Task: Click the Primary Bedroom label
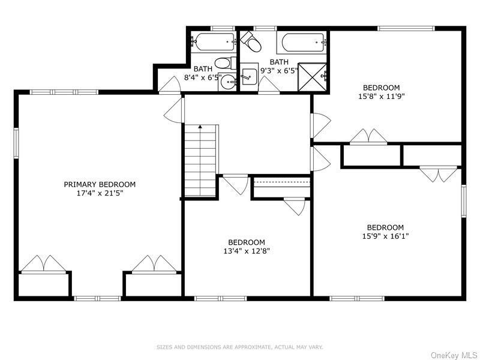pyautogui.click(x=100, y=184)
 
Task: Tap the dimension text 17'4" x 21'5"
pyautogui.click(x=100, y=193)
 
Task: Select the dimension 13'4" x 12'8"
pyautogui.click(x=247, y=251)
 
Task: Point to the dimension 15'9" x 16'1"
pyautogui.click(x=385, y=236)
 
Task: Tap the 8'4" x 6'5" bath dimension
pyautogui.click(x=203, y=78)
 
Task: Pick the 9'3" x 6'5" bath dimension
pyautogui.click(x=279, y=71)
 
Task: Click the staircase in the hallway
pyautogui.click(x=200, y=160)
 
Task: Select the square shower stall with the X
pyautogui.click(x=313, y=77)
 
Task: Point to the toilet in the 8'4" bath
pyautogui.click(x=223, y=62)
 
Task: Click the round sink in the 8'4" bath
pyautogui.click(x=227, y=82)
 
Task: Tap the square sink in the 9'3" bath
pyautogui.click(x=249, y=76)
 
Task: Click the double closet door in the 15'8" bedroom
pyautogui.click(x=368, y=137)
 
